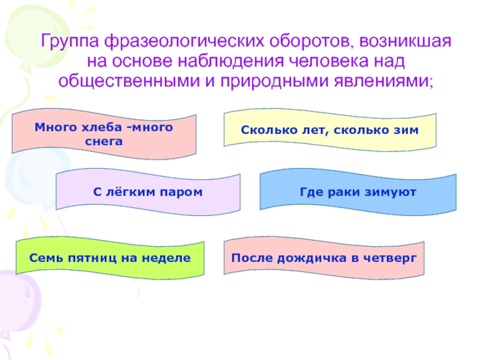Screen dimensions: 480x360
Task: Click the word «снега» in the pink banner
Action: coord(104,142)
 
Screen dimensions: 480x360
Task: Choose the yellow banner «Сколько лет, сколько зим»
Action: coord(329,130)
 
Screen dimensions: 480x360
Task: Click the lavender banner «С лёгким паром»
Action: coord(148,192)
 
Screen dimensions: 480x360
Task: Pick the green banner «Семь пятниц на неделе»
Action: coord(110,258)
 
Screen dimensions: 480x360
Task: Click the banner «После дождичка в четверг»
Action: coord(324,258)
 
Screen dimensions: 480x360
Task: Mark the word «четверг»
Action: coord(393,258)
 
